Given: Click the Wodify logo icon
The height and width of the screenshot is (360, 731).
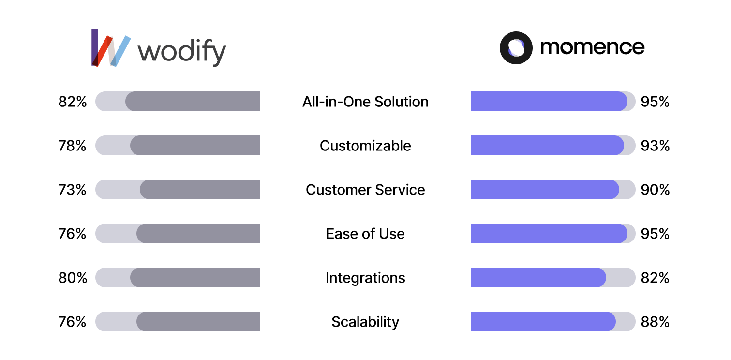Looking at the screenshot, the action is [x=111, y=47].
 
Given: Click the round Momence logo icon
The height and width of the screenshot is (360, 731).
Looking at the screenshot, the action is [x=516, y=47].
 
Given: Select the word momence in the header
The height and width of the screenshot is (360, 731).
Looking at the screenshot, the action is [x=592, y=47].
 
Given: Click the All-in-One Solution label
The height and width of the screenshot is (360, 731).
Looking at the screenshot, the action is [x=365, y=102].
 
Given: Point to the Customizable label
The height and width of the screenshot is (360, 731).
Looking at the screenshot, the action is [x=365, y=146].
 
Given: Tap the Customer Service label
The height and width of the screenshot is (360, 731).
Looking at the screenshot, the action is [x=365, y=190].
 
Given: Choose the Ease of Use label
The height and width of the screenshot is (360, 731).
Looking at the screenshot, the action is [x=365, y=234].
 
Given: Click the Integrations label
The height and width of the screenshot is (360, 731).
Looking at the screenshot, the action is [x=365, y=278].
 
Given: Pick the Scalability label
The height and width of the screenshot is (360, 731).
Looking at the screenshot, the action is [x=365, y=322].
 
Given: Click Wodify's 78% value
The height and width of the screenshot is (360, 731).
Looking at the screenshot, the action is [x=72, y=146].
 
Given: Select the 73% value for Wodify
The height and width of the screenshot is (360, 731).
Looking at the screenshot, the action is [x=72, y=190].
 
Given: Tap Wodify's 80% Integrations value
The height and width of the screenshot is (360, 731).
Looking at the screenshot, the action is [x=73, y=278].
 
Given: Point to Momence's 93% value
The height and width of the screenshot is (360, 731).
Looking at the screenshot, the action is [x=655, y=146].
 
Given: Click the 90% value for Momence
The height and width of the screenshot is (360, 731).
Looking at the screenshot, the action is [x=655, y=190].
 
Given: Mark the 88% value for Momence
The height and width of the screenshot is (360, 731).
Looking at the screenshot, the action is [x=655, y=322].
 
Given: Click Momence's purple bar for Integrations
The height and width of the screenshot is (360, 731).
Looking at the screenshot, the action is [x=538, y=277].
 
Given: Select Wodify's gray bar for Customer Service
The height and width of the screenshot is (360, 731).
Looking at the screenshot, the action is [x=200, y=189].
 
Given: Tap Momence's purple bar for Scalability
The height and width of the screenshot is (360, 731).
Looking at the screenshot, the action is [x=543, y=321].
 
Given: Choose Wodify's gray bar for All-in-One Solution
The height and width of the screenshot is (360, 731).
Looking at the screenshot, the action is [x=193, y=101].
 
